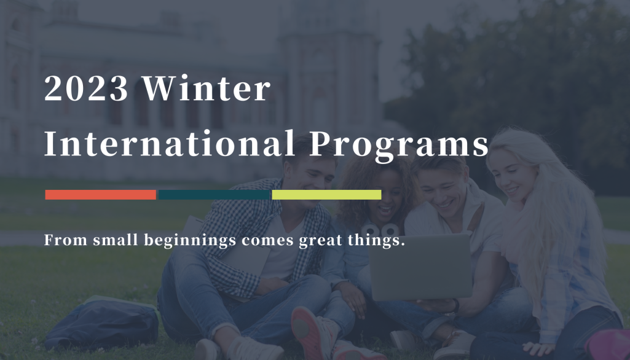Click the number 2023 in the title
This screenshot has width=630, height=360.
point(86,88)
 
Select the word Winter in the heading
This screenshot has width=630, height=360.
point(207,88)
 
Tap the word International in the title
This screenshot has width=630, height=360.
point(170,143)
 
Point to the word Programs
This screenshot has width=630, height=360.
point(399,146)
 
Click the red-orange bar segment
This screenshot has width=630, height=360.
point(100,195)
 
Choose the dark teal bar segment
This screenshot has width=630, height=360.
point(214,195)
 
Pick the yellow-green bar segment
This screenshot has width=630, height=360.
point(326,195)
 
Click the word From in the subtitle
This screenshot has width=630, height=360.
point(66,240)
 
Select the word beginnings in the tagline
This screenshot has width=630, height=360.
point(190,241)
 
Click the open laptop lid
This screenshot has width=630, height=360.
point(420,267)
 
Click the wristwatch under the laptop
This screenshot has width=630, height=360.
point(455,306)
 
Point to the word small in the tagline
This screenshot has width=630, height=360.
point(116,240)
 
